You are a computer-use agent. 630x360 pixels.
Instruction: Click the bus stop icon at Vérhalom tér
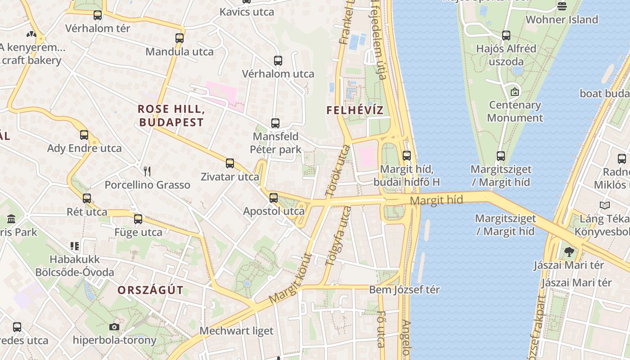(x=98, y=15)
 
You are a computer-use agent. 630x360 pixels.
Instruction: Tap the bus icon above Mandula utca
(x=180, y=38)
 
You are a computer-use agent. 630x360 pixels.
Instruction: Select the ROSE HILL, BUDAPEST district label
(x=171, y=115)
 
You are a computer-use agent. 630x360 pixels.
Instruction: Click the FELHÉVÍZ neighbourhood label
(x=355, y=110)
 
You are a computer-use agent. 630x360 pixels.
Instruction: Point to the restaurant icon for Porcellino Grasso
(x=147, y=171)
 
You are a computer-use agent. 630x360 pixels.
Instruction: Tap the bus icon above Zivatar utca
(x=230, y=163)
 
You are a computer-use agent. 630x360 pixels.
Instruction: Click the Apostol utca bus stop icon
(x=273, y=198)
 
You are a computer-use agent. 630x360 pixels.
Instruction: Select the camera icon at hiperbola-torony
(x=114, y=327)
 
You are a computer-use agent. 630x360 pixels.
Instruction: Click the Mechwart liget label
(x=236, y=331)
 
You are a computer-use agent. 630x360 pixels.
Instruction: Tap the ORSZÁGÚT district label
(x=150, y=290)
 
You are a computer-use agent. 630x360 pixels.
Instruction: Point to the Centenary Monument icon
(x=515, y=92)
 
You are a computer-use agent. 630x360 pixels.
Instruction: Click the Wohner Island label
(x=562, y=19)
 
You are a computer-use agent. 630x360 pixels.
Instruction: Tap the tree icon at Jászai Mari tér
(x=569, y=252)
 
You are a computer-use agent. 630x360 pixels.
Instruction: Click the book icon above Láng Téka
(x=605, y=206)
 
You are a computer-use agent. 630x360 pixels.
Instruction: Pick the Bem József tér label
(x=404, y=289)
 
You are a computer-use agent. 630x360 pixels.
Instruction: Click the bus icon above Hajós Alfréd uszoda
(x=506, y=35)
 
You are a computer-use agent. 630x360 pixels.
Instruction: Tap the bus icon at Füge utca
(x=138, y=219)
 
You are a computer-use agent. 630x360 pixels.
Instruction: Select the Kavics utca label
(x=247, y=12)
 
